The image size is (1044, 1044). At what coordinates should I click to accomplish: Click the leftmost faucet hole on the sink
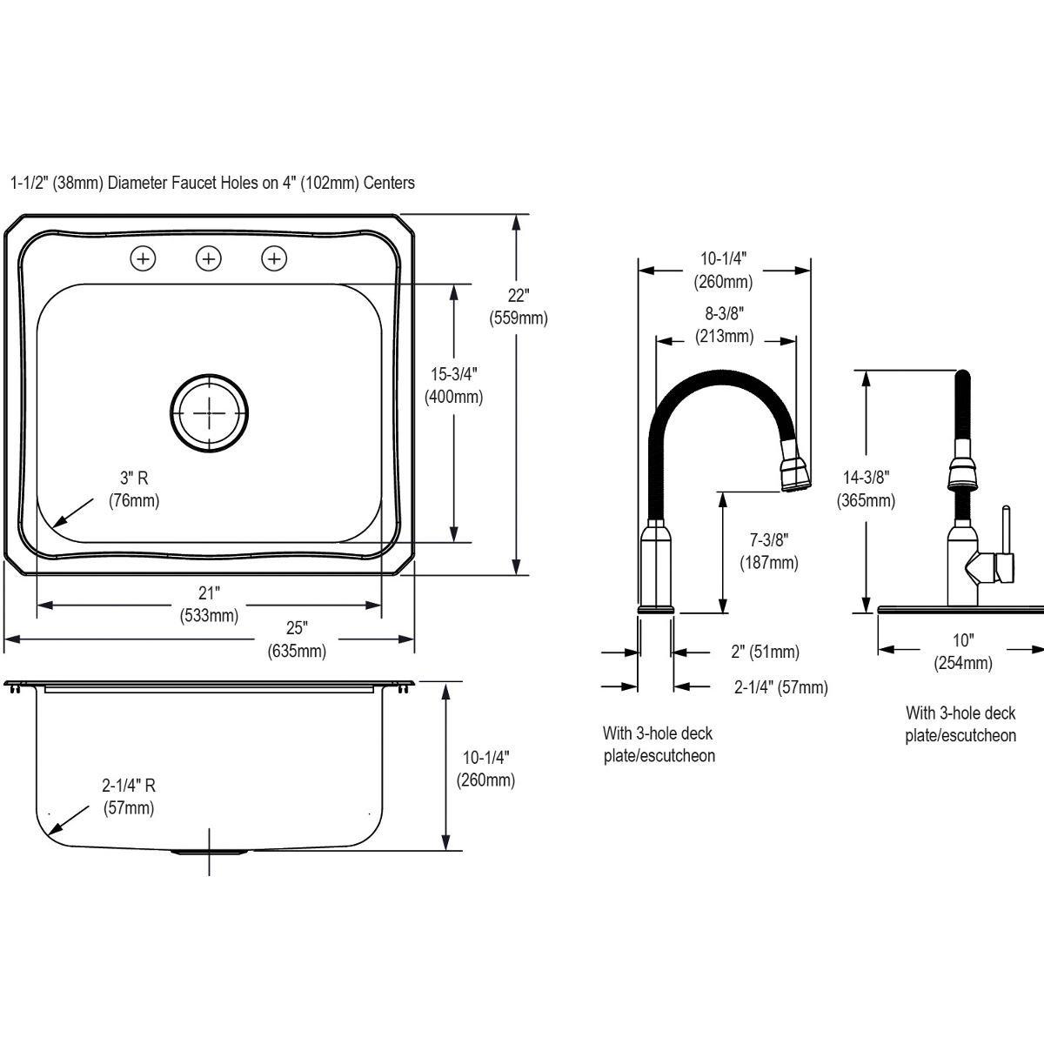pyautogui.click(x=143, y=258)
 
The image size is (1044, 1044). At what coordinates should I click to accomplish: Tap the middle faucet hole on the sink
pyautogui.click(x=209, y=258)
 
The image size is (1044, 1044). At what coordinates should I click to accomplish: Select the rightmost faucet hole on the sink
pyautogui.click(x=274, y=258)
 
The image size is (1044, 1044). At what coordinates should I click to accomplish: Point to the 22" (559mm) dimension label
pyautogui.click(x=519, y=305)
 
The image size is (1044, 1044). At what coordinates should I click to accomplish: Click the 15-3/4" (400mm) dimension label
pyautogui.click(x=454, y=385)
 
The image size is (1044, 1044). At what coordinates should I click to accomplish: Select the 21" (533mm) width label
pyautogui.click(x=209, y=605)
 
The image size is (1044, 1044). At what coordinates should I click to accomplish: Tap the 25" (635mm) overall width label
pyautogui.click(x=297, y=639)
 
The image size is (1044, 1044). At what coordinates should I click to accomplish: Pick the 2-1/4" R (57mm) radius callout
pyautogui.click(x=129, y=796)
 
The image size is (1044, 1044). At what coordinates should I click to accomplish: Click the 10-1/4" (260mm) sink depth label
pyautogui.click(x=485, y=768)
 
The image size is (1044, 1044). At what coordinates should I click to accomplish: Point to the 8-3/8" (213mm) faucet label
pyautogui.click(x=725, y=325)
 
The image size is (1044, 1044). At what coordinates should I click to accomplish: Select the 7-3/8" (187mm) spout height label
pyautogui.click(x=768, y=552)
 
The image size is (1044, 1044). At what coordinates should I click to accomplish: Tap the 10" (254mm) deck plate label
pyautogui.click(x=962, y=652)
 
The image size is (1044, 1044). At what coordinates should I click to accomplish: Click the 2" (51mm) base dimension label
pyautogui.click(x=765, y=652)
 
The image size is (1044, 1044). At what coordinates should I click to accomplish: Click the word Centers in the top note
pyautogui.click(x=389, y=183)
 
